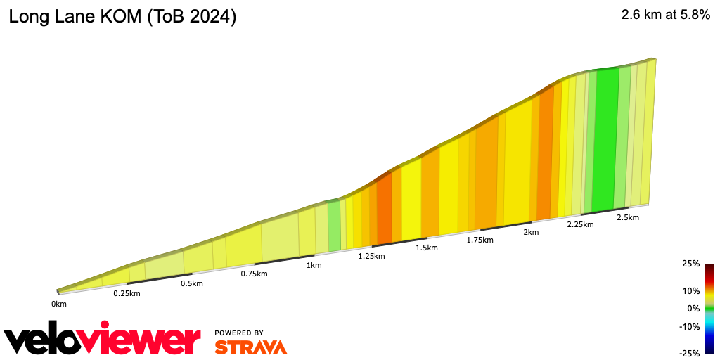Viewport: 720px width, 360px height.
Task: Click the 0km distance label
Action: (x=58, y=304)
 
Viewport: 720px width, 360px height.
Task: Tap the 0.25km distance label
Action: (x=127, y=293)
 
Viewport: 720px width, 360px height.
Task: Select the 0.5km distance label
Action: (x=191, y=283)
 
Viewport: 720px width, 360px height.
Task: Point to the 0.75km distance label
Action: (x=254, y=274)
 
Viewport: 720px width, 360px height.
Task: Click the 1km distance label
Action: (x=314, y=265)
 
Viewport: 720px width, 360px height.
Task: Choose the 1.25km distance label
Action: (x=371, y=256)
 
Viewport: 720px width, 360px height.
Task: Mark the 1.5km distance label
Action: (x=427, y=247)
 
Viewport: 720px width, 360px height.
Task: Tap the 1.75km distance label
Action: (x=480, y=240)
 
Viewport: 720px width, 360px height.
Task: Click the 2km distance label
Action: (x=531, y=232)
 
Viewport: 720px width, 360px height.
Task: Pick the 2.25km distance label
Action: (x=581, y=224)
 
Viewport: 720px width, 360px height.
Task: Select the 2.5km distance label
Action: (x=627, y=217)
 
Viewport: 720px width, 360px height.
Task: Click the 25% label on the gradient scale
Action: (x=691, y=264)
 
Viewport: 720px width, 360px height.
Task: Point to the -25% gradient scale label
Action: (x=690, y=354)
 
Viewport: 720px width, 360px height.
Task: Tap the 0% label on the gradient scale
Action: (x=693, y=309)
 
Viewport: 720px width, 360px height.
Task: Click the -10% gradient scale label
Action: (x=690, y=326)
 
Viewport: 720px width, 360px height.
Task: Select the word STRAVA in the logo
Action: (x=250, y=347)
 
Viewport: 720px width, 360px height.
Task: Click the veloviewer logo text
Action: (x=103, y=340)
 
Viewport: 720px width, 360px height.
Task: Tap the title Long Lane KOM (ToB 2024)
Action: (x=122, y=18)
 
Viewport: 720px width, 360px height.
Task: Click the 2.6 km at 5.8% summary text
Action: (x=665, y=16)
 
